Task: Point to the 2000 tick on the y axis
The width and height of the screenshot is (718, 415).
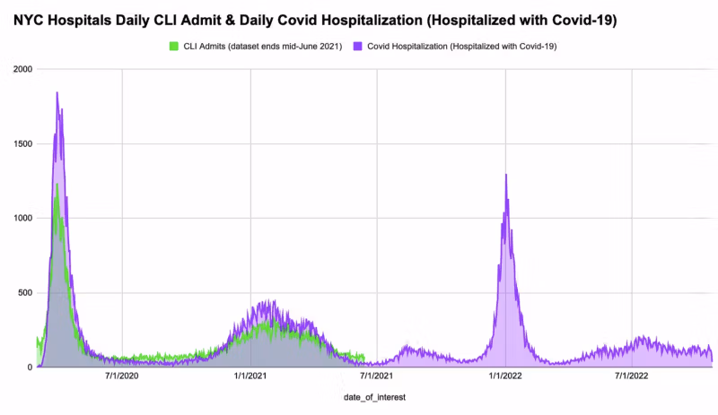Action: point(22,69)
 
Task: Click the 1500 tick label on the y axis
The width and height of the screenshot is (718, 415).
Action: point(22,143)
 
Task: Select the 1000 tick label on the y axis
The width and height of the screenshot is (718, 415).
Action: point(22,218)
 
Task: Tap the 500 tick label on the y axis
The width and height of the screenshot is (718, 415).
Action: point(24,292)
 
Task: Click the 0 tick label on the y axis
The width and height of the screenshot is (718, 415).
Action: point(29,367)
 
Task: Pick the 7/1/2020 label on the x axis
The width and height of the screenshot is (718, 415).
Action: point(122,377)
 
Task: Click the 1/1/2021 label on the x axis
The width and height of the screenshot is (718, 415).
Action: point(250,377)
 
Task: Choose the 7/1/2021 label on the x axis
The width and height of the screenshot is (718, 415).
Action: point(378,377)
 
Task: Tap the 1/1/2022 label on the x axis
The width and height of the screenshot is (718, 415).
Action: point(506,377)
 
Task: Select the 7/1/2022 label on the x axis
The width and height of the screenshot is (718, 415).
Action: point(633,377)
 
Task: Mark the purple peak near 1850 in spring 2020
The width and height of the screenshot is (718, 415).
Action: point(57,92)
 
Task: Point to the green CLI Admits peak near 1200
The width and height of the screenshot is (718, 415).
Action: point(57,185)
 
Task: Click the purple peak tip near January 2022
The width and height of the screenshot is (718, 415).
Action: point(506,175)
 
